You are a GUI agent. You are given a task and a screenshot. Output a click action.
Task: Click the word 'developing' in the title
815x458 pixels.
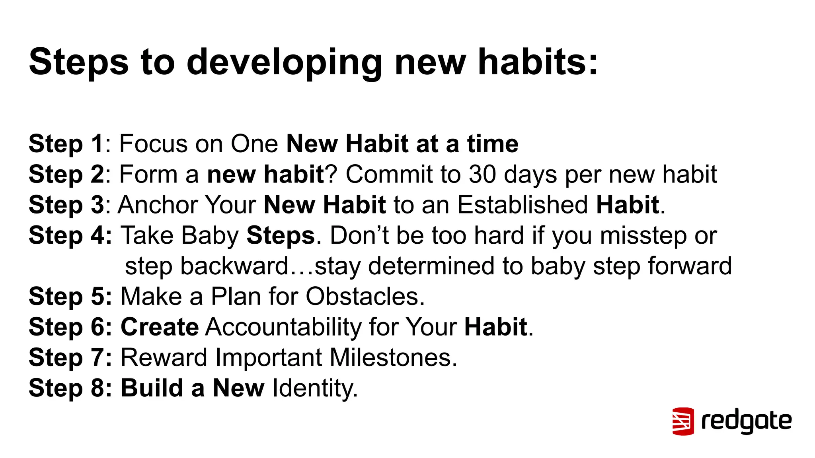point(284,62)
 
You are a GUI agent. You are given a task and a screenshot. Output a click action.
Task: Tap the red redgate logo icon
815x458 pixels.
point(683,421)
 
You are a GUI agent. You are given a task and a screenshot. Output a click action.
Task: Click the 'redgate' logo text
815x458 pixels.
point(747,421)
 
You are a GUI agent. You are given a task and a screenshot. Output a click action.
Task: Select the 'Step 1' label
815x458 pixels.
point(66,144)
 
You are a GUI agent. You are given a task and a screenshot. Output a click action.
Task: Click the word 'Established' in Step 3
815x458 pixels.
point(523,205)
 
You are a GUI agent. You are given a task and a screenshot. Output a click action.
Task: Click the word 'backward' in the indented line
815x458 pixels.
point(234,266)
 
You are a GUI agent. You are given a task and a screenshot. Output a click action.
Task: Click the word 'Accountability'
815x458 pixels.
point(283,327)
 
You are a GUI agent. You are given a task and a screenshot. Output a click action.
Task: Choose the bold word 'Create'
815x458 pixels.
point(160,327)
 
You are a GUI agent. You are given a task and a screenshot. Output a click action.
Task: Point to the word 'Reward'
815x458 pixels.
point(164,357)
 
